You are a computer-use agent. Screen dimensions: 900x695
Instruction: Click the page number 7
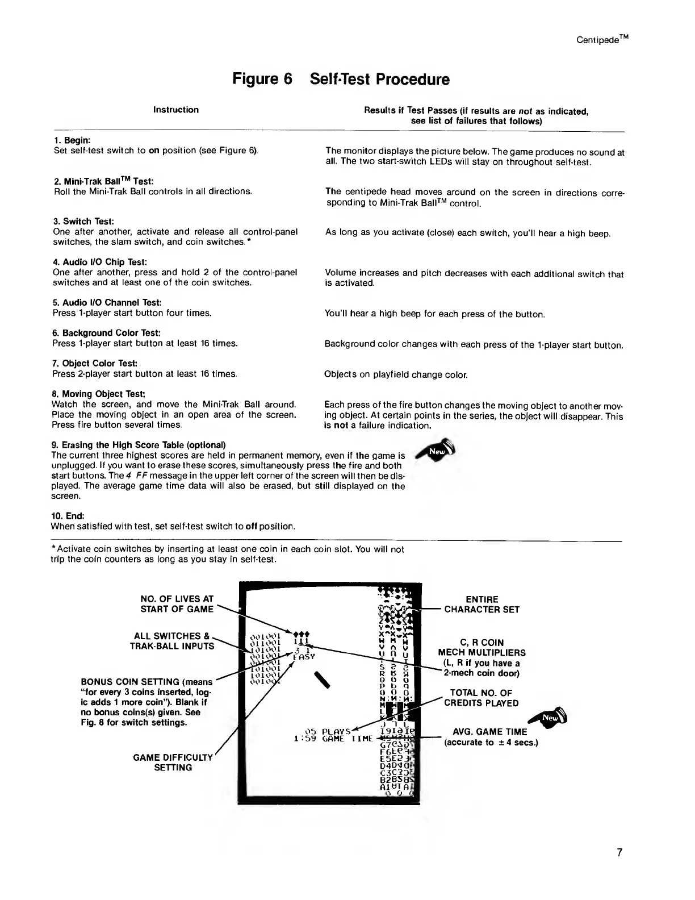tap(619, 852)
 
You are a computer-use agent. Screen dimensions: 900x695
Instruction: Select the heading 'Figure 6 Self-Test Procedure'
tap(341, 80)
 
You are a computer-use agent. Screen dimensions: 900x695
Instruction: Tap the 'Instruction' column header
tap(176, 110)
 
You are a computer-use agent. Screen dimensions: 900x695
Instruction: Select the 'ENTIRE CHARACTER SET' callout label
tap(482, 604)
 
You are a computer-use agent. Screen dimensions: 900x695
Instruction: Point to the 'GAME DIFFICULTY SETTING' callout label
tap(173, 762)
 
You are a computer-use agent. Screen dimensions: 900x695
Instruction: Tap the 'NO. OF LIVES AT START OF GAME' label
tap(177, 603)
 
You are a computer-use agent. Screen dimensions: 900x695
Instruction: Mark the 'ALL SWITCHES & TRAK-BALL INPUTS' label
tap(174, 641)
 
